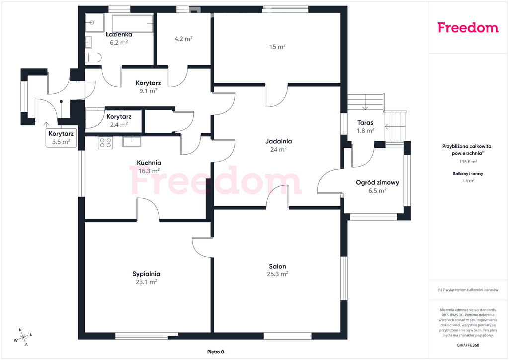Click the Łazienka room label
(x=119, y=34)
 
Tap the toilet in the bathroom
(x=93, y=58)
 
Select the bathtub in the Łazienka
(x=132, y=24)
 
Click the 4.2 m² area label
(x=183, y=39)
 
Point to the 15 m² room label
(x=277, y=47)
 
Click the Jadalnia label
(x=278, y=141)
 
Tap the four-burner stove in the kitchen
(x=105, y=143)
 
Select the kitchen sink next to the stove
(x=131, y=142)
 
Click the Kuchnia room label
(x=149, y=163)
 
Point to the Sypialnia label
(x=146, y=274)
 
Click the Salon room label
(x=277, y=266)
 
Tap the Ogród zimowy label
(x=377, y=183)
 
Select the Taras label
(x=365, y=123)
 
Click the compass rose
(x=23, y=338)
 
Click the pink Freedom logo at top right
(x=468, y=27)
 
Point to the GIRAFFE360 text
(x=468, y=345)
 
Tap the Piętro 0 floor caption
(x=216, y=352)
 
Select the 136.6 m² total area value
(x=468, y=161)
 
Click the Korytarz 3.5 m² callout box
(x=61, y=138)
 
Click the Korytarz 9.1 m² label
(x=148, y=87)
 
